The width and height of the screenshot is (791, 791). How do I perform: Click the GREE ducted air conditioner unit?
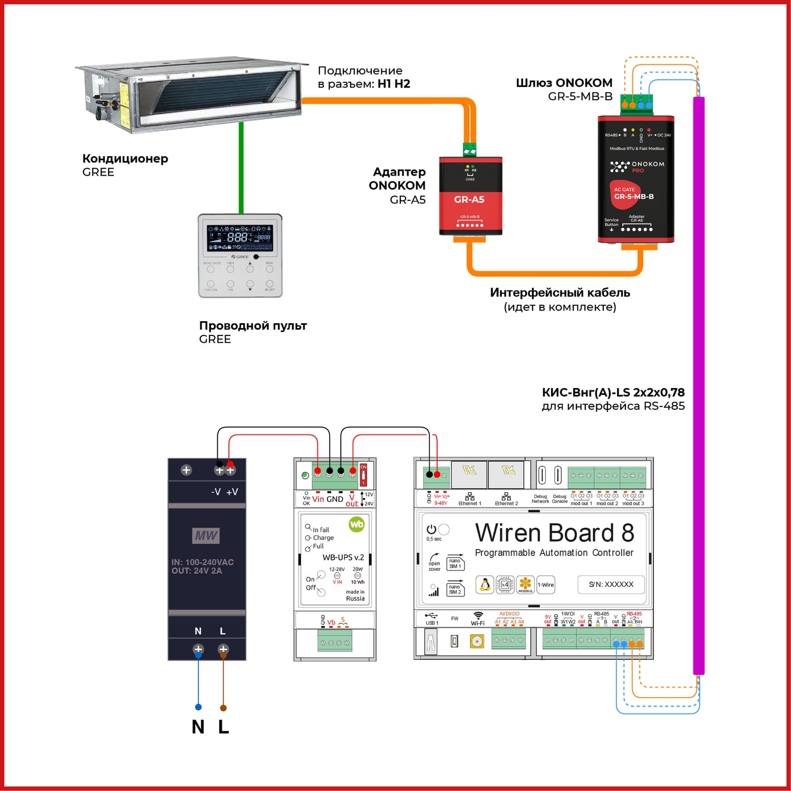tap(190, 95)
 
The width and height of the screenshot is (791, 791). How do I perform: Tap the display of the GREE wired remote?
tap(240, 238)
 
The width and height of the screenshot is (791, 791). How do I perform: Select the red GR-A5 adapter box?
tap(470, 196)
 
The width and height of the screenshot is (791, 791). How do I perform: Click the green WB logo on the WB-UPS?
tap(356, 524)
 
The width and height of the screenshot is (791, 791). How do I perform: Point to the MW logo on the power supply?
tap(206, 536)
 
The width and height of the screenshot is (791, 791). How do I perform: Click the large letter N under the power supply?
tap(198, 727)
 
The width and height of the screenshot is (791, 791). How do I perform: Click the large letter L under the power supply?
tap(224, 727)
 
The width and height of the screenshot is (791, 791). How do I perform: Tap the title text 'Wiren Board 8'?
tap(554, 533)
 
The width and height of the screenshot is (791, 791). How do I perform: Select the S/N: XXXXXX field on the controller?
tap(611, 584)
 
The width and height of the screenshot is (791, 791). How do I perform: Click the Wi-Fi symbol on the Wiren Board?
tap(478, 615)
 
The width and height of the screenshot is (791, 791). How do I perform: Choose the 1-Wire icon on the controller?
tap(546, 584)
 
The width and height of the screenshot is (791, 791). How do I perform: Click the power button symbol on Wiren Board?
tap(431, 529)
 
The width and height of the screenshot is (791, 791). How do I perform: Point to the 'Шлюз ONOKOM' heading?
tap(564, 83)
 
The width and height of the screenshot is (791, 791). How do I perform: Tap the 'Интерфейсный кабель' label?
tap(560, 293)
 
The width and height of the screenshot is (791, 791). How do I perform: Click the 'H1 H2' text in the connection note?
tap(393, 84)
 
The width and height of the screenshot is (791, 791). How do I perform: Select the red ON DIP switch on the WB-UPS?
tap(363, 475)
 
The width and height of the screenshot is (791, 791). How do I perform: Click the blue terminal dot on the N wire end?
tap(198, 707)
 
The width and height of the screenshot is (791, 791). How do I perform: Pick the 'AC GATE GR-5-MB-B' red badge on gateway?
tap(626, 194)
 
